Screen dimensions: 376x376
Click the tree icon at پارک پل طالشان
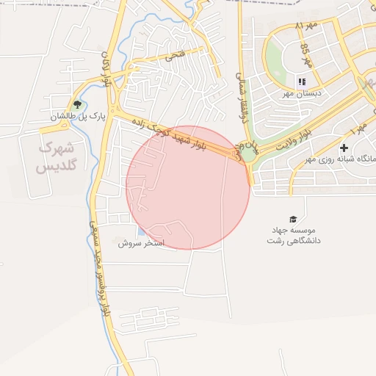tap(77, 104)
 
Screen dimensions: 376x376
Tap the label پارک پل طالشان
tap(79, 116)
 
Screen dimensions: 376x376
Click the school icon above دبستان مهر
tap(301, 82)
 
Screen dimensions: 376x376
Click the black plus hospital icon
tap(344, 148)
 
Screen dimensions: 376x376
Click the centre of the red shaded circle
tap(188, 187)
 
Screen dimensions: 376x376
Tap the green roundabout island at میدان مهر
tap(248, 154)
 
